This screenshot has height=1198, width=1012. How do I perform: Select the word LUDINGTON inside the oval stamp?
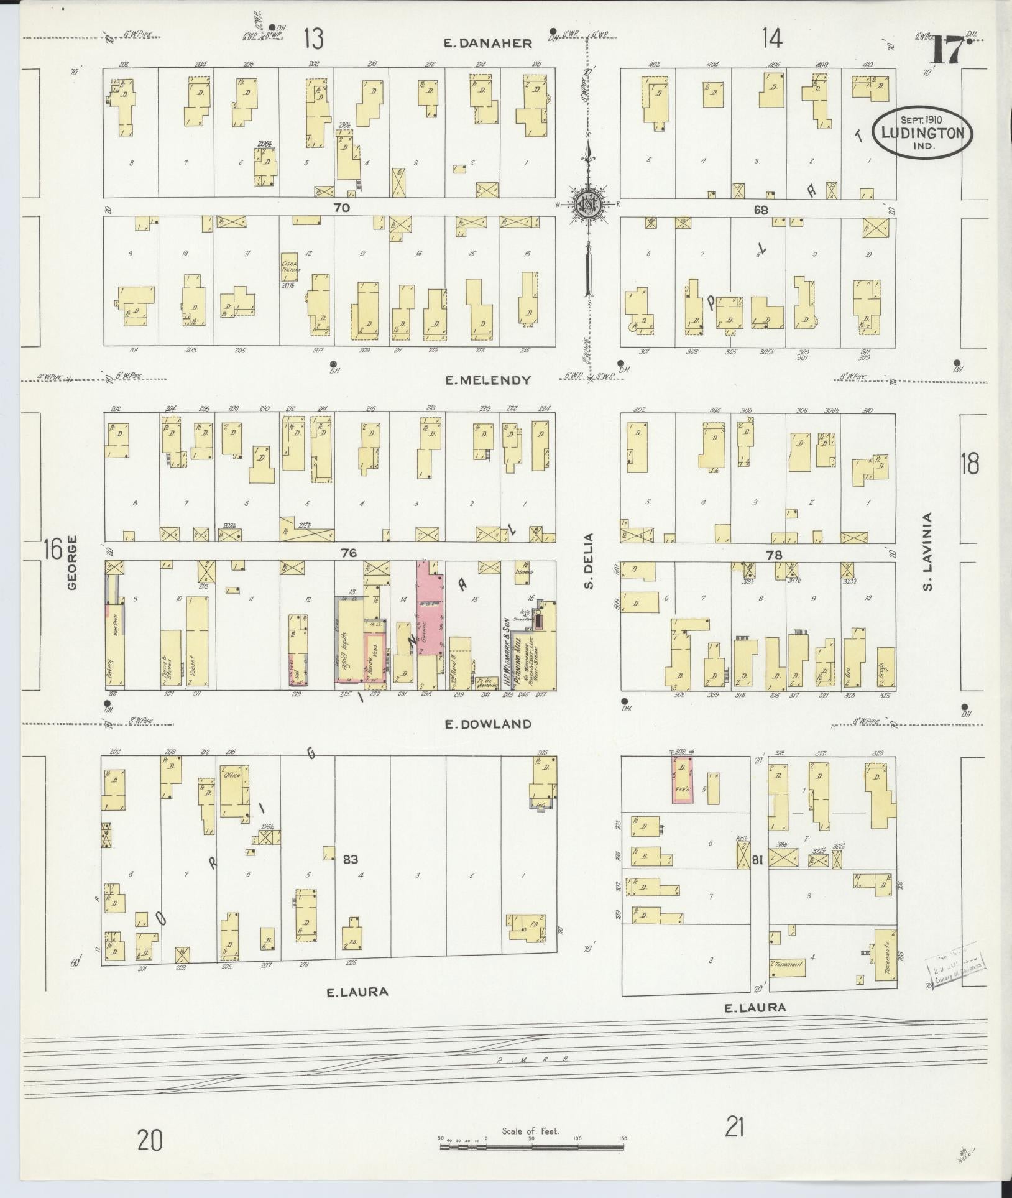coord(922,133)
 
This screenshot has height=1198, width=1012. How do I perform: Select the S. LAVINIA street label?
coord(927,550)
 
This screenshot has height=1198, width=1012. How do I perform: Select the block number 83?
coord(351,859)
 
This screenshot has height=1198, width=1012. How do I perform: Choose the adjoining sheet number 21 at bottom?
coord(735,1126)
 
